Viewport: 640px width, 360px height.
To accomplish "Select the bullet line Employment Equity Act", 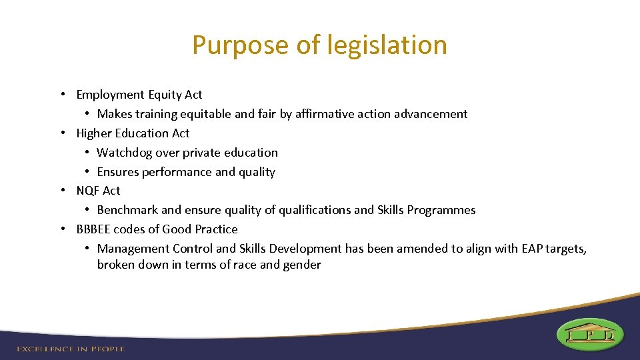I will (139, 95).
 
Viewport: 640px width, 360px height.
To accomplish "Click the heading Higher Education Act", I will (133, 133).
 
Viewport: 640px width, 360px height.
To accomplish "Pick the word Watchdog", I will (124, 153).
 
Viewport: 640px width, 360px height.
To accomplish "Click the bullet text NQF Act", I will (98, 191).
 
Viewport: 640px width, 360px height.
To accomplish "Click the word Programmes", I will (443, 210).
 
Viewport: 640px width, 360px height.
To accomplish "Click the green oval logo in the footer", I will (589, 334).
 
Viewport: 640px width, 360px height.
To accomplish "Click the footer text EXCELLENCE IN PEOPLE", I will (71, 349).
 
